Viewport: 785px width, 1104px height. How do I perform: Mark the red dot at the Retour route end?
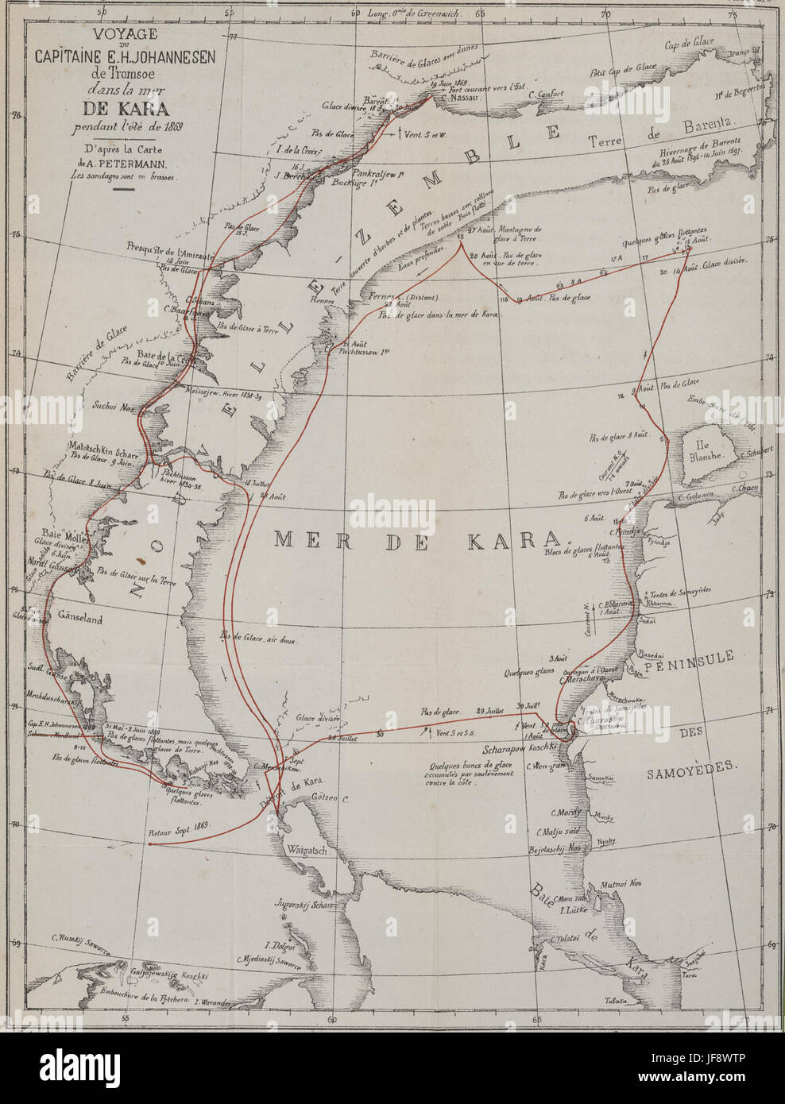pyautogui.click(x=150, y=845)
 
